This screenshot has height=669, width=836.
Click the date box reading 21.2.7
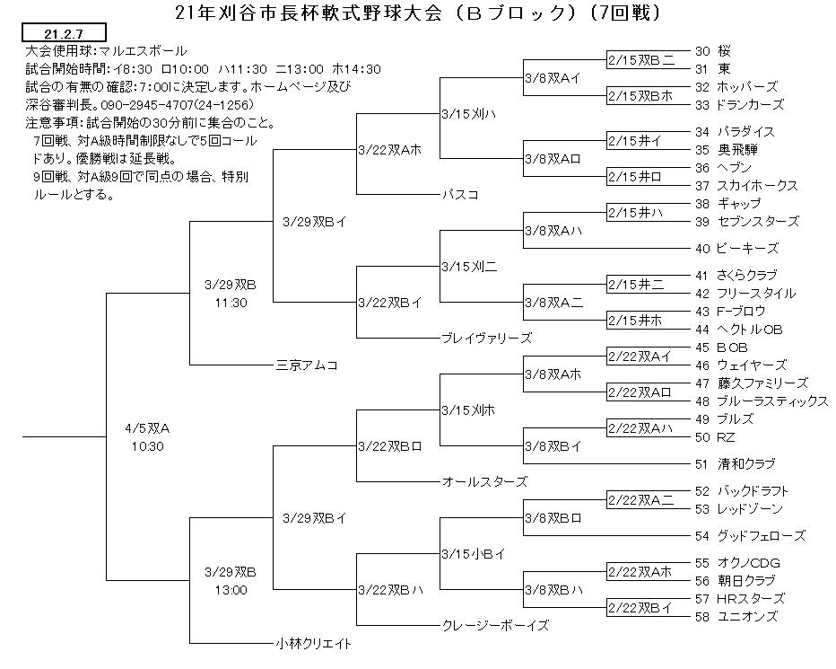coord(64,32)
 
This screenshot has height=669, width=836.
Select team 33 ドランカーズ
coord(739,105)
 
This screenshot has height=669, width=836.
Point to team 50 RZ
coord(715,437)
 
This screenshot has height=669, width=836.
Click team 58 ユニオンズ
coord(736,617)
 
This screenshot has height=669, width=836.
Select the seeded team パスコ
coord(460,194)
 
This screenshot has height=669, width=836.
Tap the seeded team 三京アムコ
coord(307,365)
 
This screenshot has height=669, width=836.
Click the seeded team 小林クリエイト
coord(314,643)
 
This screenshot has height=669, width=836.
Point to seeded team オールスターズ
coord(484,481)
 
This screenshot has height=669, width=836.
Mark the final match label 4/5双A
coord(148,428)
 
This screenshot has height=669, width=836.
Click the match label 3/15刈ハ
coord(468,114)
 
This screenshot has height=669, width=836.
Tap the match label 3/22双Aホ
coord(389,150)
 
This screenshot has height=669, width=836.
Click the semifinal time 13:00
coord(231,590)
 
